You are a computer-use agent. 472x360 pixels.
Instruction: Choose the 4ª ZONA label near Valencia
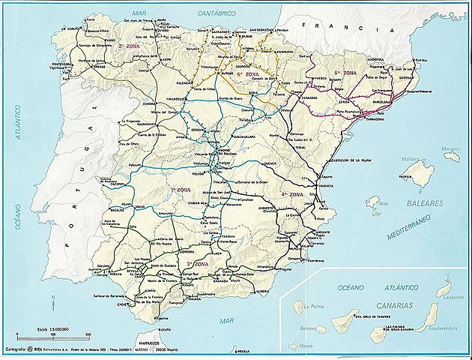pos(292,194)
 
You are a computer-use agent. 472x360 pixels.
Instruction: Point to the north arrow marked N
pos(53,304)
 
